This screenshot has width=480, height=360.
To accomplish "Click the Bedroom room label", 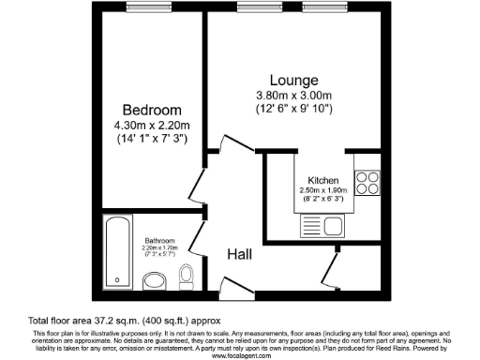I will (x=150, y=110).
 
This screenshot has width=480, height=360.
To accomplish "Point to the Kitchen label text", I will (x=323, y=181).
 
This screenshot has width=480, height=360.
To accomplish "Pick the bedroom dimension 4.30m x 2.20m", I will (x=150, y=126).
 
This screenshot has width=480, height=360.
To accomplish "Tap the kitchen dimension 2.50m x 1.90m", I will (x=323, y=191).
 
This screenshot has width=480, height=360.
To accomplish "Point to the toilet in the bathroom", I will (x=186, y=276).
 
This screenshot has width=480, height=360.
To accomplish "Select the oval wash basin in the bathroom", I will (x=153, y=281).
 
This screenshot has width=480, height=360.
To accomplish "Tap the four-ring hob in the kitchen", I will (x=366, y=180).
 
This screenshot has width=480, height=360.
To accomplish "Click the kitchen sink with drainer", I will (x=323, y=226).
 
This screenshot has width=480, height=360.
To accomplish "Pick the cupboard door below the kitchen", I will (x=329, y=271).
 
